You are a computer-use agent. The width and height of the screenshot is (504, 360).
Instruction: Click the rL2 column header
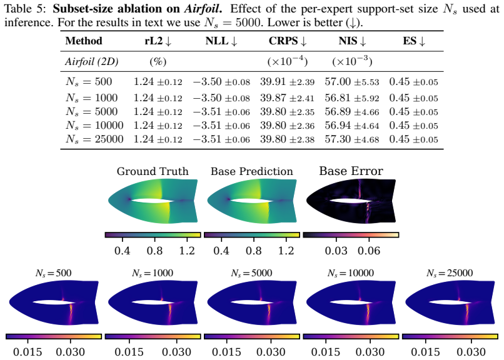point(158,41)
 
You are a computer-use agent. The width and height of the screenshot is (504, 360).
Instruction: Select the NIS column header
point(352,41)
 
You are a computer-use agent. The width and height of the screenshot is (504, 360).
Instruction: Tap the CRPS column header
point(288,41)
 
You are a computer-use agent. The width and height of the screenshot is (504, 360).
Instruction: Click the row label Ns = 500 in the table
point(89,82)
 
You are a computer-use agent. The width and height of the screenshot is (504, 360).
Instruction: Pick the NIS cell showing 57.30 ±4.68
point(352,139)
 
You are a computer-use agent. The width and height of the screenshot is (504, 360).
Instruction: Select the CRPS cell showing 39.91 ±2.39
point(288,82)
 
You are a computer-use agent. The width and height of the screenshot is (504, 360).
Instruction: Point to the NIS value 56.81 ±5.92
point(352,97)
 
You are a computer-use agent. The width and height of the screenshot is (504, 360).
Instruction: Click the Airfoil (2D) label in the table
point(91,61)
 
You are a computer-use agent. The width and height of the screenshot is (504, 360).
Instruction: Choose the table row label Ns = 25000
point(94,139)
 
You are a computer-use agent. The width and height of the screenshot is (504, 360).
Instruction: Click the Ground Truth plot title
point(153,171)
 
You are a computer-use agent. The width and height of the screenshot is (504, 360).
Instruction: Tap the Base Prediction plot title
point(251,171)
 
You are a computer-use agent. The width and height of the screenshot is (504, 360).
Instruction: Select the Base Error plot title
point(351,171)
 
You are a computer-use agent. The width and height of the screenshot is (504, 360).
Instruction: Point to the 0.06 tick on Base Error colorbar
point(369,251)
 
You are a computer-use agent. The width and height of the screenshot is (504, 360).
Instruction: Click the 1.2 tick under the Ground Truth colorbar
point(187,251)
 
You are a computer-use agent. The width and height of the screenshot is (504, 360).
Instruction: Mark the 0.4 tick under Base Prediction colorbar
point(221,251)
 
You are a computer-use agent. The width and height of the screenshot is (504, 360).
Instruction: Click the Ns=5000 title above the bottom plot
point(251,273)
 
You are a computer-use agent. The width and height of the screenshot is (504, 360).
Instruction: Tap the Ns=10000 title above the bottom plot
point(351,273)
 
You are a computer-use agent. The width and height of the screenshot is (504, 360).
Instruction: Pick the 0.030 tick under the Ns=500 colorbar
point(71,352)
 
